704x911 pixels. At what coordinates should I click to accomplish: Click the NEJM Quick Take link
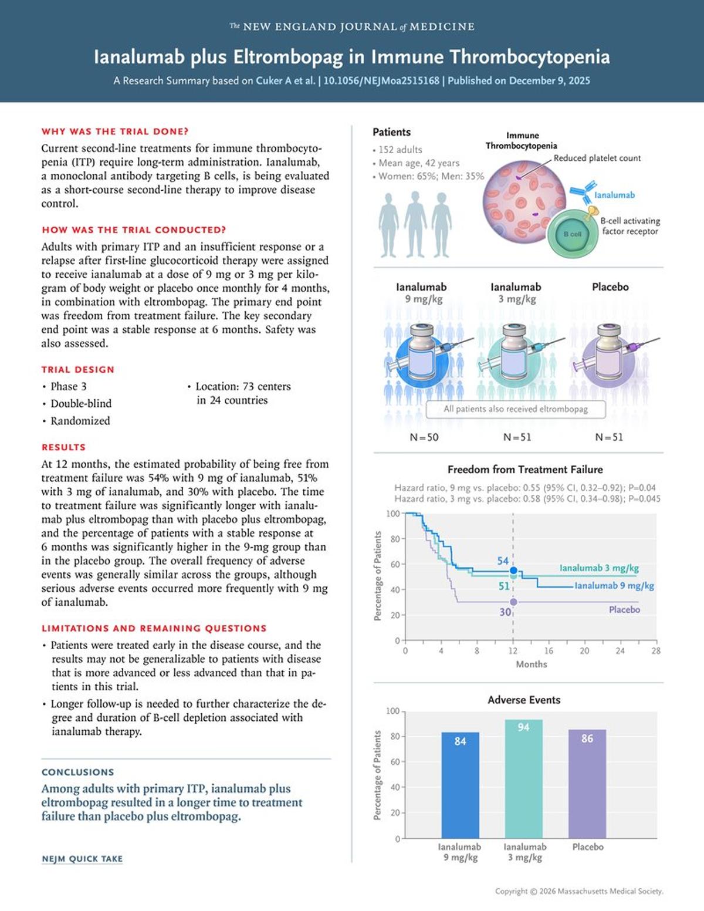tap(82, 859)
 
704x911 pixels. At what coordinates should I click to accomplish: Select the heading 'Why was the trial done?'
tap(115, 131)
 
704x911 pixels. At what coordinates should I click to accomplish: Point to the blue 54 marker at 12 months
tap(513, 570)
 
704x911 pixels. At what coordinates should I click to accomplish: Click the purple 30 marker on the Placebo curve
tap(513, 602)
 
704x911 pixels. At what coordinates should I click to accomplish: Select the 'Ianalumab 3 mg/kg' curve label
tap(598, 568)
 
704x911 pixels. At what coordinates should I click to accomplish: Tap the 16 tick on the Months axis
tap(549, 651)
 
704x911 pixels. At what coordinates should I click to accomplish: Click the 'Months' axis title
tap(531, 664)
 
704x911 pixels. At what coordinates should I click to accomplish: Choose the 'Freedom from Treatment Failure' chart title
tap(525, 470)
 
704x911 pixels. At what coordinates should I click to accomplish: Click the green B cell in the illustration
tap(572, 234)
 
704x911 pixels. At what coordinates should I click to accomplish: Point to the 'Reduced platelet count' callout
tap(597, 158)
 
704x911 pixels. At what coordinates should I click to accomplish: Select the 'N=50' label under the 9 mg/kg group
tap(424, 437)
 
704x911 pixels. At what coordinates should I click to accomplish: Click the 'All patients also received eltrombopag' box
tap(516, 409)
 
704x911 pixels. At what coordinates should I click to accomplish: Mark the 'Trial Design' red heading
tap(77, 370)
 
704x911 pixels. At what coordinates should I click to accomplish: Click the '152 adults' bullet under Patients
tap(400, 150)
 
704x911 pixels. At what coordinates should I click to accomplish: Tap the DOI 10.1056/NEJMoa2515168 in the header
tap(381, 81)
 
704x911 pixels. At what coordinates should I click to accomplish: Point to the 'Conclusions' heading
tap(77, 772)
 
